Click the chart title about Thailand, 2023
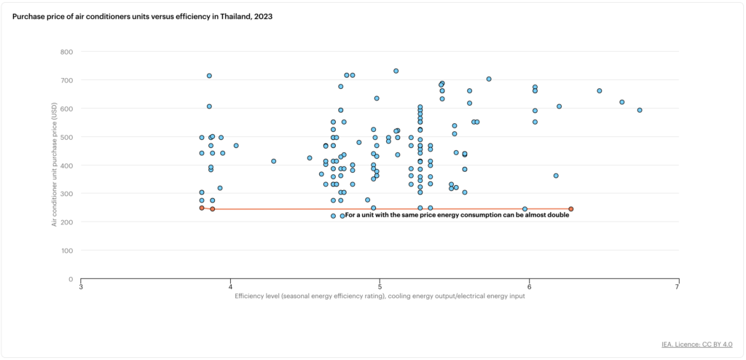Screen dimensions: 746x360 click(x=142, y=16)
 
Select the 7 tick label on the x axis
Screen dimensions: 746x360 click(x=678, y=287)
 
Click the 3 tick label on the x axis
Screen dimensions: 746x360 click(x=81, y=287)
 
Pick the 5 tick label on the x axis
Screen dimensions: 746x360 click(x=380, y=287)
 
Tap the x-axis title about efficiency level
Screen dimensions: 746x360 click(x=380, y=296)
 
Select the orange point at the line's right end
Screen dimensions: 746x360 click(x=571, y=209)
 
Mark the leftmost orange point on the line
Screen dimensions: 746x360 click(x=202, y=208)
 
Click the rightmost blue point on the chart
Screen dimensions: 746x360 click(x=640, y=110)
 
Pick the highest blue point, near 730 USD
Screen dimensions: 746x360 click(x=396, y=71)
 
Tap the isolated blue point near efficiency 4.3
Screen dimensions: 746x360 click(x=274, y=161)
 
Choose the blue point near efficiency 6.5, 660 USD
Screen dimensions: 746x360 click(x=600, y=90)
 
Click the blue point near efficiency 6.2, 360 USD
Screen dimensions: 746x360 click(x=556, y=176)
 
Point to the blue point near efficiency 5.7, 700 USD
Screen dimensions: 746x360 click(x=489, y=79)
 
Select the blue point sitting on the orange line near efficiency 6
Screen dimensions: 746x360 click(x=525, y=209)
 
